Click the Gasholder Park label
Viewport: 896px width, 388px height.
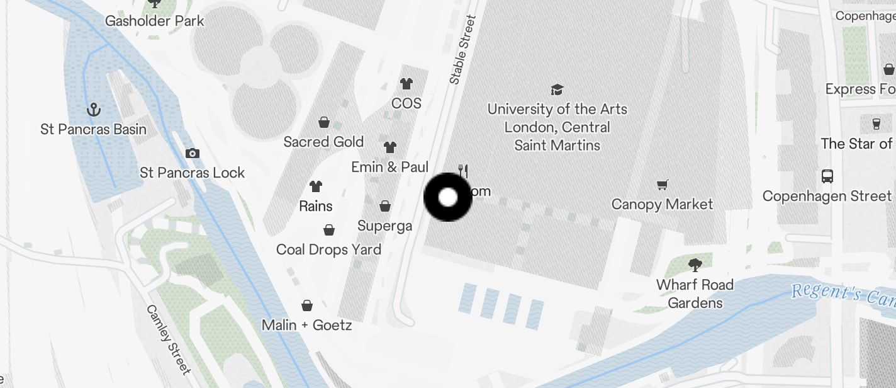coord(154,21)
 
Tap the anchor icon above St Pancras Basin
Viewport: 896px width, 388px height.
coord(93,110)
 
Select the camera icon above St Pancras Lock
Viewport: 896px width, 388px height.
coord(193,153)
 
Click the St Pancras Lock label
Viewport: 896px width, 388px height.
coord(192,173)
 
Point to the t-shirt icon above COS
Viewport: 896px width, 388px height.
coord(406,83)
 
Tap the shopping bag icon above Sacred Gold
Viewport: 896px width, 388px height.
coord(323,122)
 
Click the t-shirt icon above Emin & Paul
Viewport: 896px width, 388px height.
coord(390,147)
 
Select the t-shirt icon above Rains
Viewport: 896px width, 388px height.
coord(316,186)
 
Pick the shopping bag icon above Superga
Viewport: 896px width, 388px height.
coord(384,206)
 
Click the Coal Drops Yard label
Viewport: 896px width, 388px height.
coord(328,249)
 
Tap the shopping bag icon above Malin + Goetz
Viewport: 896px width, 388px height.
coord(306,305)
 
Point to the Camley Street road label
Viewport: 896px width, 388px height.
coord(168,339)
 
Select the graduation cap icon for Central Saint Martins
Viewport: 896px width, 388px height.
coord(557,89)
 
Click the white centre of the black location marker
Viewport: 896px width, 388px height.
coord(447,197)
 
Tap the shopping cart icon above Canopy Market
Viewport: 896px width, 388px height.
coord(662,185)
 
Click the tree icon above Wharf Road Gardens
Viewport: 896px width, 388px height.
coord(695,265)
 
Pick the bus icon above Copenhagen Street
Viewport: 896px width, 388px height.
coord(827,176)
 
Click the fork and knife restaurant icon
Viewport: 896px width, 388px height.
coord(464,170)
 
